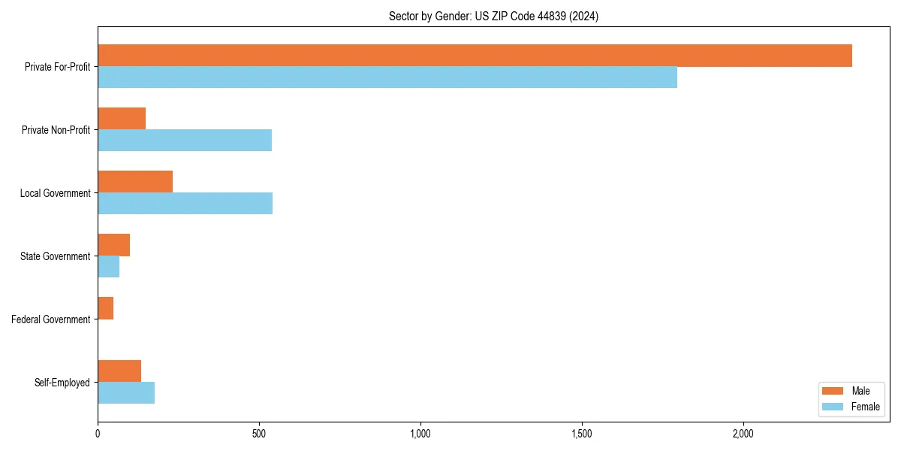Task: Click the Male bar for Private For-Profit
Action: (475, 56)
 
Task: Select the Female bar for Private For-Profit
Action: (387, 77)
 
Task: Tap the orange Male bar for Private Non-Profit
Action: (122, 119)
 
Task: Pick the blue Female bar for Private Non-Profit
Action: (185, 141)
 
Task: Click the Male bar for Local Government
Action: (135, 182)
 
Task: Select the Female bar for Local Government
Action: (185, 204)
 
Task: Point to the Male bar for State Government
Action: (113, 245)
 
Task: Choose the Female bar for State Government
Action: (108, 267)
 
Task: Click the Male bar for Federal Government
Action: (105, 308)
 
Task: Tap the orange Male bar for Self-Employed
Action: (119, 371)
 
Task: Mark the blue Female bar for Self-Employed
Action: (126, 393)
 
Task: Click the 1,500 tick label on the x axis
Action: (582, 434)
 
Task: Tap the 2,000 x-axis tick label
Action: (743, 434)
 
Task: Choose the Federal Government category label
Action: (51, 319)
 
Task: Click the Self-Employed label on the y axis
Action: (62, 383)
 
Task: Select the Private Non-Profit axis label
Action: (56, 130)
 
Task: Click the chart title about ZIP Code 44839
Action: (493, 16)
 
